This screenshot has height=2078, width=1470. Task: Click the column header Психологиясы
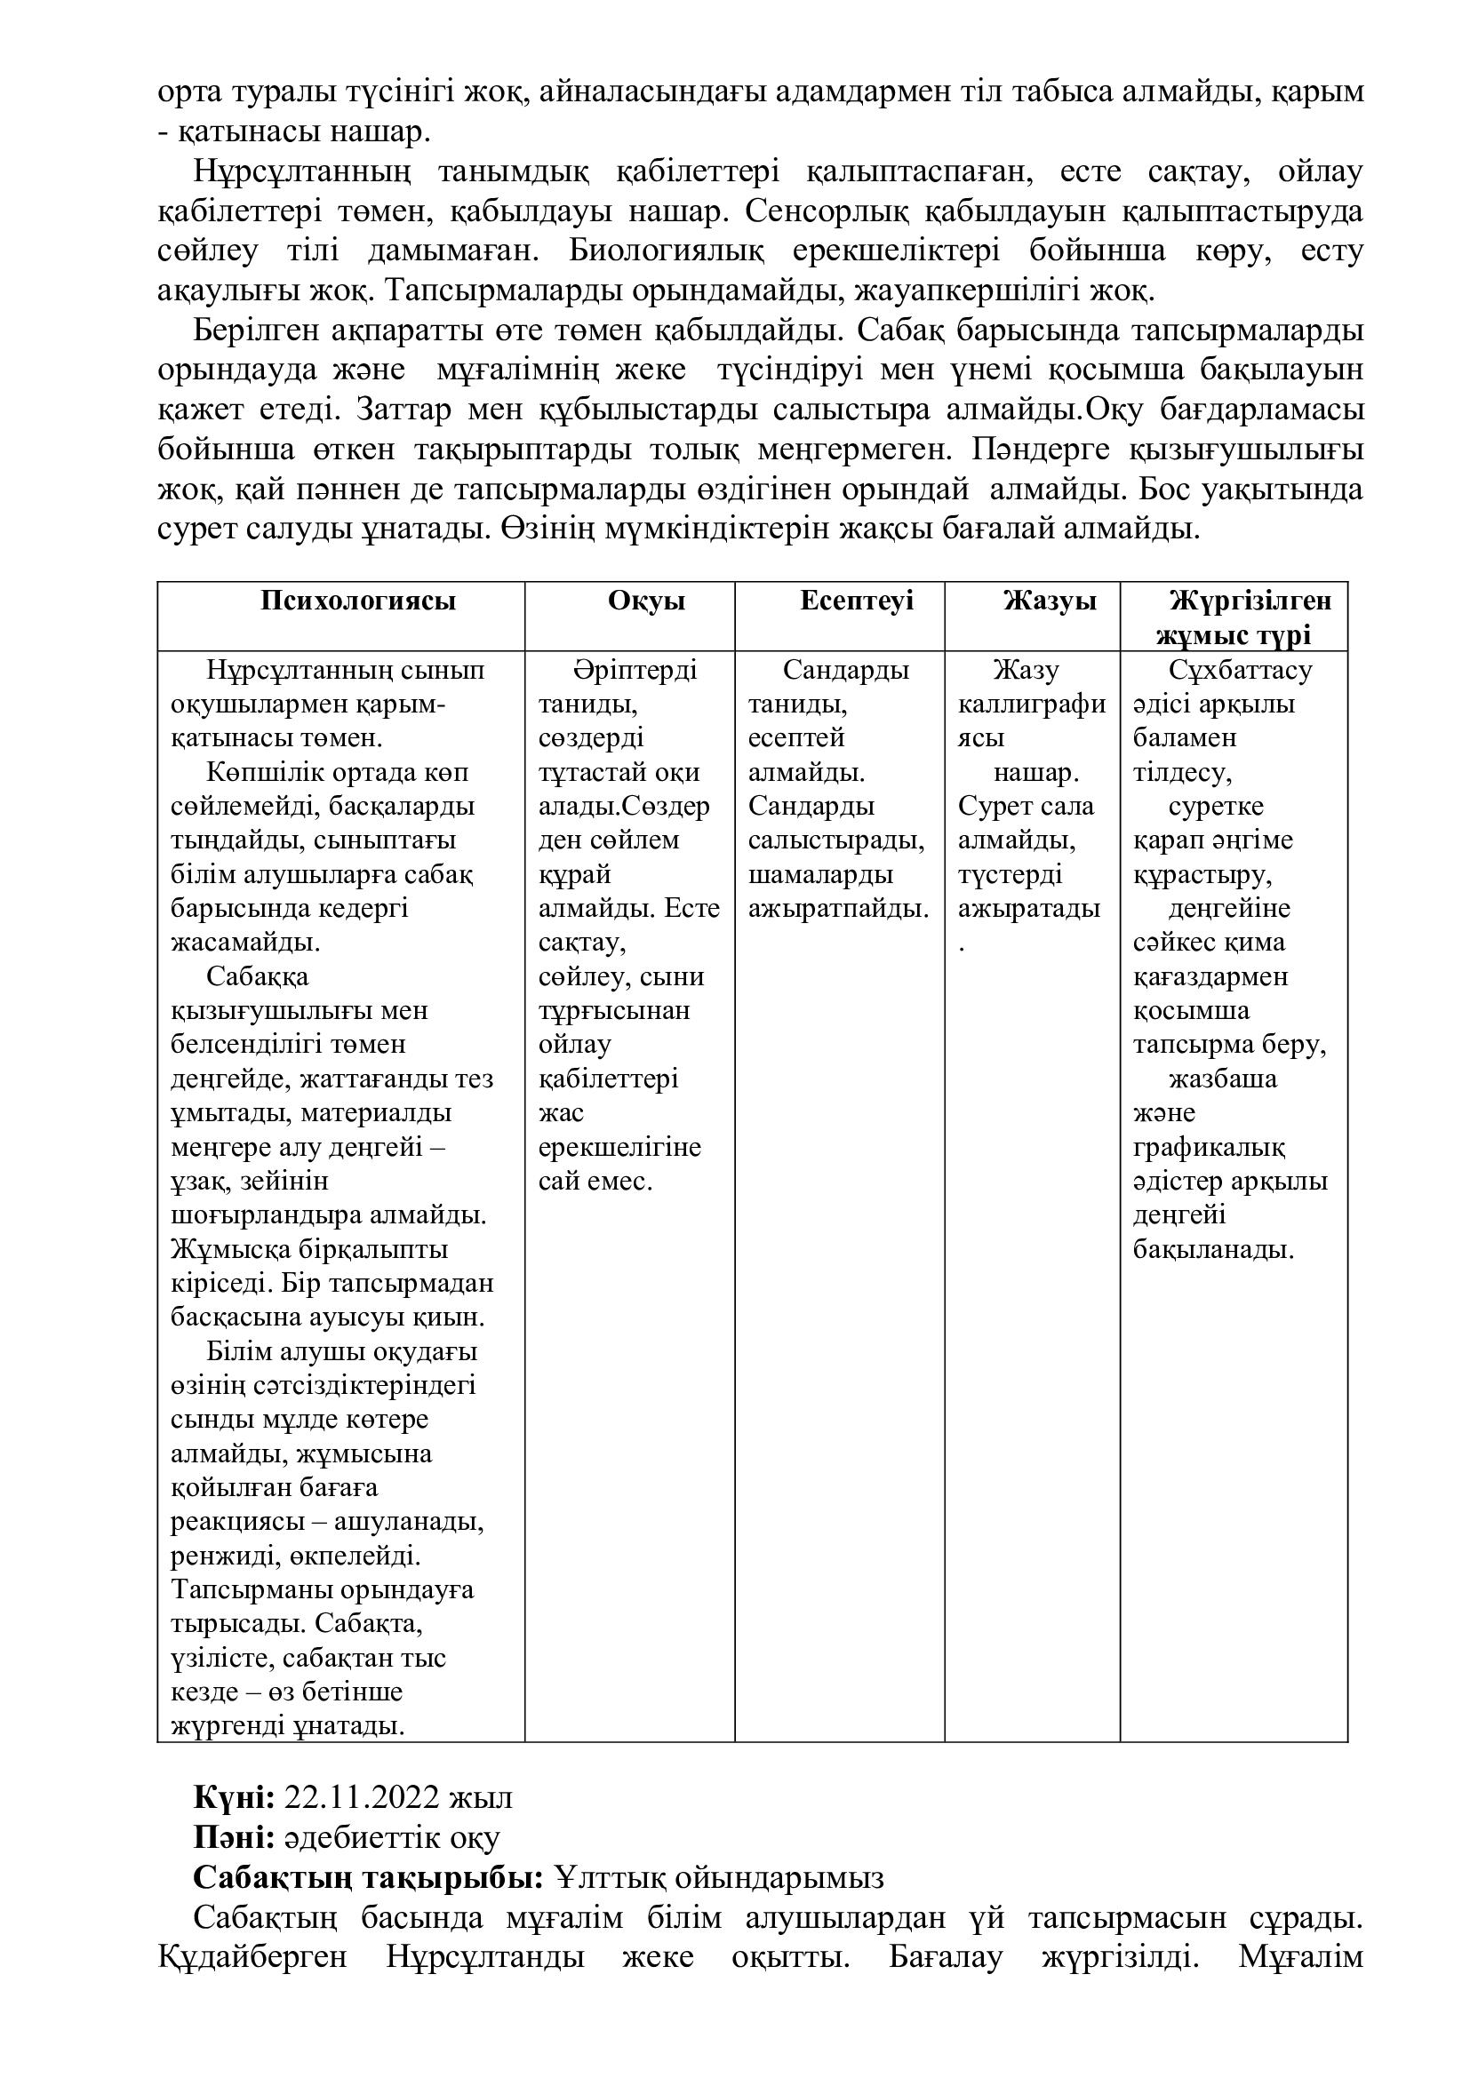point(357,601)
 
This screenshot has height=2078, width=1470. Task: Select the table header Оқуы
point(646,601)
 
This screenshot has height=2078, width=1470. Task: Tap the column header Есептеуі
point(856,601)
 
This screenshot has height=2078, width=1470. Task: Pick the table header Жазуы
point(1049,601)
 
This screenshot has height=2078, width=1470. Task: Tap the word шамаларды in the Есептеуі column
point(820,875)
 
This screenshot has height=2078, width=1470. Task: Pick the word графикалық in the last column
point(1209,1148)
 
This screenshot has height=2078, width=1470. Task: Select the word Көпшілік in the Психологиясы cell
point(262,773)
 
